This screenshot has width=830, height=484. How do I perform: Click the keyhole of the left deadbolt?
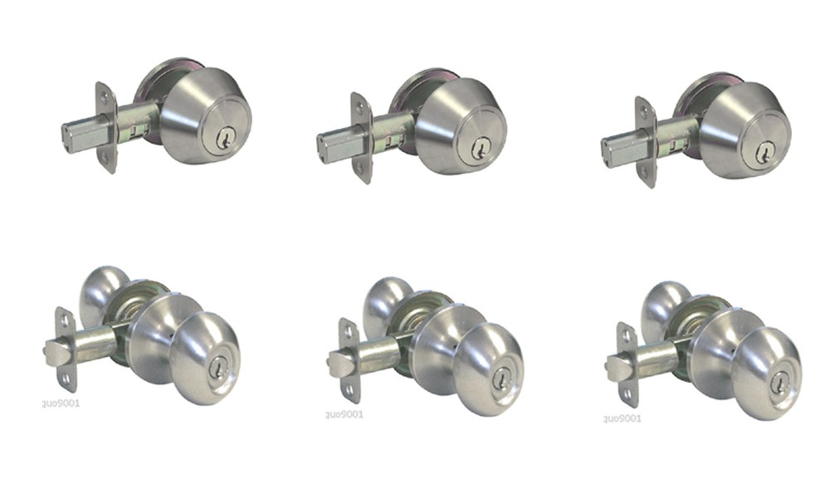223,140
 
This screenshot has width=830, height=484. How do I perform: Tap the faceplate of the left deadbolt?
106,127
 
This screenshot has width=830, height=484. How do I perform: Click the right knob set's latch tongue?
616,365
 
